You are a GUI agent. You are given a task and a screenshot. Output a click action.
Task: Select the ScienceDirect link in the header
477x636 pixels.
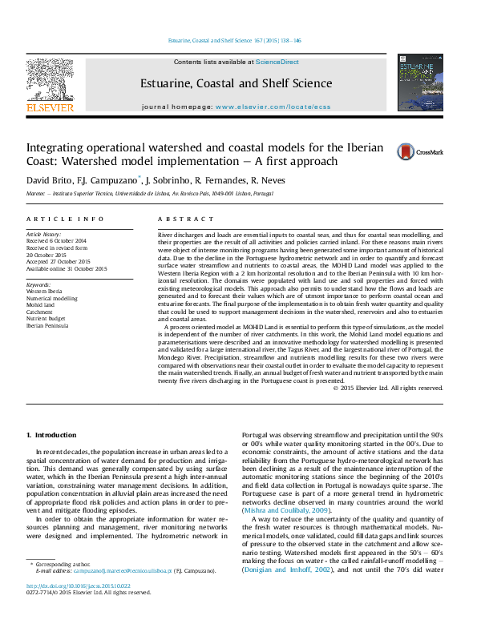(277, 62)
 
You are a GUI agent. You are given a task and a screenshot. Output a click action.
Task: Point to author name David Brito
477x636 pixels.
(50, 179)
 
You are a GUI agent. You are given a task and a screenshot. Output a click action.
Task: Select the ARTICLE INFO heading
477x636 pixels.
(65, 219)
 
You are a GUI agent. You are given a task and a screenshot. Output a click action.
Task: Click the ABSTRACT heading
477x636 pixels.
(180, 219)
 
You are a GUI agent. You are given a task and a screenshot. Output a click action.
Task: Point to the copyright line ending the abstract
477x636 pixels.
(387, 388)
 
